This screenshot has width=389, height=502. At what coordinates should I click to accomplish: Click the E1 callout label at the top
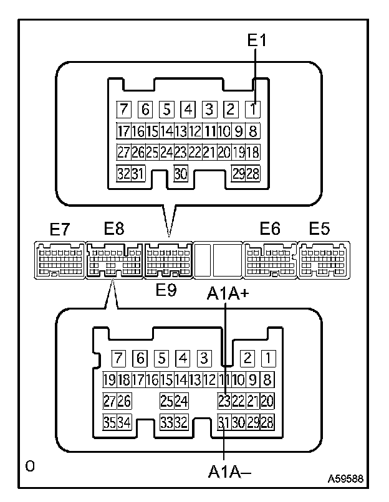tap(257, 40)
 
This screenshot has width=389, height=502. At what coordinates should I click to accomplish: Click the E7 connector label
tap(59, 229)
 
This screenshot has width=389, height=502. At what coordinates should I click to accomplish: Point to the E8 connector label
tap(113, 229)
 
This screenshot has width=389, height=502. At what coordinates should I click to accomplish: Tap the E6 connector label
tap(269, 229)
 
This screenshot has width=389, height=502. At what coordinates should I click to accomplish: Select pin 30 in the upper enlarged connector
tap(181, 174)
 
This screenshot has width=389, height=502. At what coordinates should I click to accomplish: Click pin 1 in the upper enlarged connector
tap(253, 110)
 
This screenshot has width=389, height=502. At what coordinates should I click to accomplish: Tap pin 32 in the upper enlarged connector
tap(123, 174)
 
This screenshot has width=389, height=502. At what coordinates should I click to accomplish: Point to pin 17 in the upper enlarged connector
tap(123, 131)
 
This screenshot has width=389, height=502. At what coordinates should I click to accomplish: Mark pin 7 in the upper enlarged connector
tap(124, 110)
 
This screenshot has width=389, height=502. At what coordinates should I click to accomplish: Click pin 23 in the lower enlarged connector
tap(224, 400)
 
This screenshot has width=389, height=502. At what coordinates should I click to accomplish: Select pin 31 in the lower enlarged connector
tap(224, 422)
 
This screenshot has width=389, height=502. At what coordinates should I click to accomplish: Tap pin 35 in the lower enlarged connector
tap(109, 422)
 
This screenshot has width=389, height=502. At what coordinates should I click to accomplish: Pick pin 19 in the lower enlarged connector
tap(109, 379)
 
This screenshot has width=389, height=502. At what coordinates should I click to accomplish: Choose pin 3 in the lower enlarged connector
tap(203, 358)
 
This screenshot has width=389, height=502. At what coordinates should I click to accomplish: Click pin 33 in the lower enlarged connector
tap(166, 422)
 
